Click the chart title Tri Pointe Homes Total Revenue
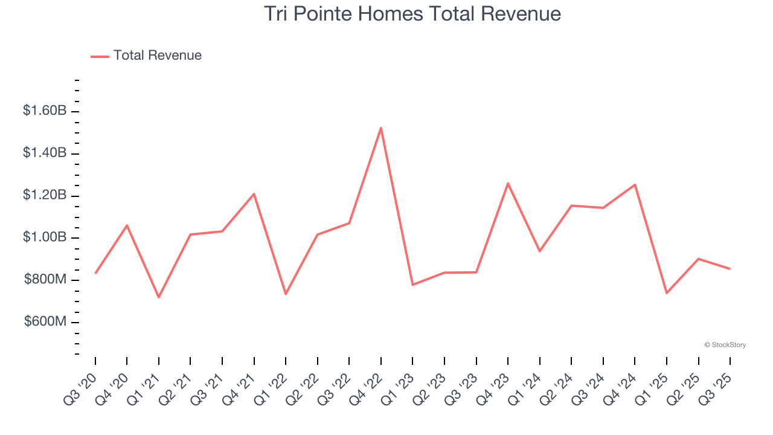tap(412, 13)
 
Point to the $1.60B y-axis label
tap(45, 111)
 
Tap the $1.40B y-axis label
tap(45, 153)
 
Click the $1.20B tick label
tap(45, 195)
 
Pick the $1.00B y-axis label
tap(45, 237)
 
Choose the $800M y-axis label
tap(45, 280)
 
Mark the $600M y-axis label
tap(45, 322)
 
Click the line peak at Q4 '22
tap(381, 127)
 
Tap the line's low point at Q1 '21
tap(159, 297)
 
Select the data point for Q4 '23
tap(508, 183)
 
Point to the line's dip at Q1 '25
tap(667, 293)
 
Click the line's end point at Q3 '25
tap(730, 269)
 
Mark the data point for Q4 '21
tap(254, 194)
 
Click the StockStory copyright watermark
tap(725, 345)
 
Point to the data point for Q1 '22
tap(286, 294)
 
